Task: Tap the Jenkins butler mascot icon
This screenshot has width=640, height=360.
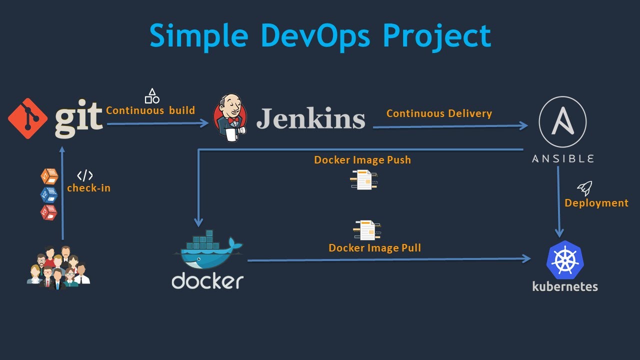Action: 230,118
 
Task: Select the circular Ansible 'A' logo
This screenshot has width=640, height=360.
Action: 562,121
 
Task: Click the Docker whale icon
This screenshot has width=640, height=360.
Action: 208,250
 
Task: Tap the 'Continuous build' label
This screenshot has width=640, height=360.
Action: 150,110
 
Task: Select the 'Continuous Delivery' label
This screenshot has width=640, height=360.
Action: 439,113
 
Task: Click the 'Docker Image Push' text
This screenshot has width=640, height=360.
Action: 362,160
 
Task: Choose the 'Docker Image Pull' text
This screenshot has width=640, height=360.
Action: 374,248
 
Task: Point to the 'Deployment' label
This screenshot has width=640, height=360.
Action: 596,203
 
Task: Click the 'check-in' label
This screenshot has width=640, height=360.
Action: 88,188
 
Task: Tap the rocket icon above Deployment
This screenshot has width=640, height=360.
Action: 584,188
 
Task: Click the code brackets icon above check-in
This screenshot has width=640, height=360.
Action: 85,175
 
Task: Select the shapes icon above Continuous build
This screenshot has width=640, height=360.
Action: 152,96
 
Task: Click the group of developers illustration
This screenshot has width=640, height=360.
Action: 58,268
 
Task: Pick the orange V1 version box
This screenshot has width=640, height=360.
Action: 49,176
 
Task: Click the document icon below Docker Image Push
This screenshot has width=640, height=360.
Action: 364,180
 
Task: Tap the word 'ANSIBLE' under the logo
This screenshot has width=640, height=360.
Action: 562,158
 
